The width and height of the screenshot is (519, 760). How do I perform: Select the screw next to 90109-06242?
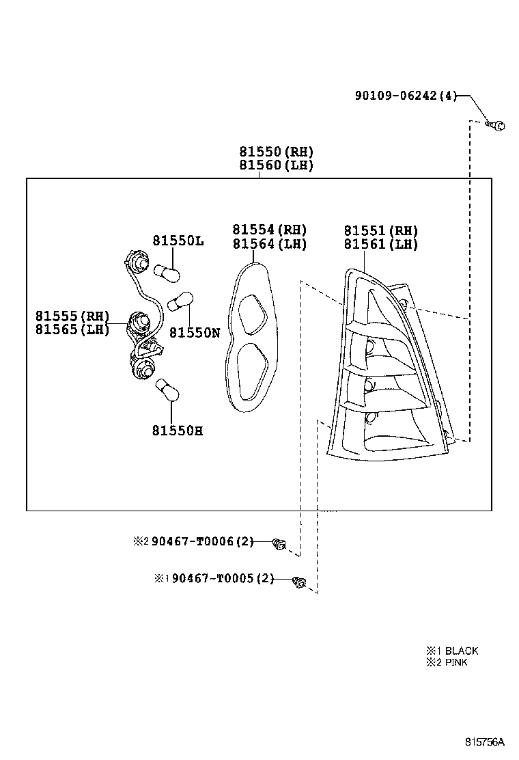497,124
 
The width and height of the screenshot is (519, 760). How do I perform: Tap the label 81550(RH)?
276,152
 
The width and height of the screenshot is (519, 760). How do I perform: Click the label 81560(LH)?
276,165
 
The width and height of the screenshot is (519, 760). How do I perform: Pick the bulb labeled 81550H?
168,392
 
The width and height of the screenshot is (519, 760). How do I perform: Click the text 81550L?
178,241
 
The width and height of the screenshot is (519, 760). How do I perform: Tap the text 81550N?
195,333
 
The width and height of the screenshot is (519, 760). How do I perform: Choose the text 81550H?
178,431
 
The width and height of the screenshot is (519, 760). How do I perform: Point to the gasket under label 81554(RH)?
250,338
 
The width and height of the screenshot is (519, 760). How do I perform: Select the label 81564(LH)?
269,244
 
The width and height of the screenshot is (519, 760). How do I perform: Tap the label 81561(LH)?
380,244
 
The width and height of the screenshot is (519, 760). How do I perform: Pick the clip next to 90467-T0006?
279,544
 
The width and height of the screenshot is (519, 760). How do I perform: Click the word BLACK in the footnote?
462,651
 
